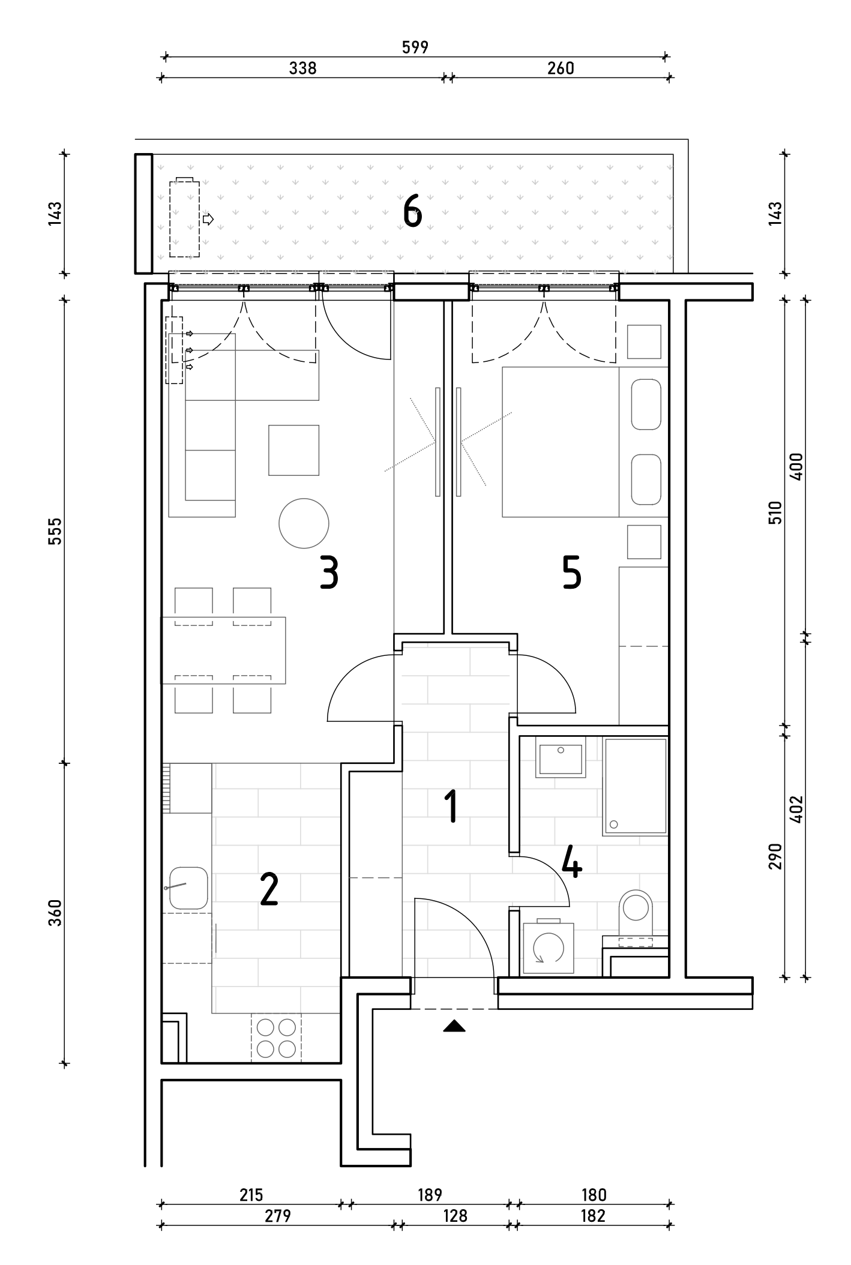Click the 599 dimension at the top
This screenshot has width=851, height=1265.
[415, 47]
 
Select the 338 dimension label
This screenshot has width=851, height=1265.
[302, 68]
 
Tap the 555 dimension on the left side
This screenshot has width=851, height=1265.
[55, 530]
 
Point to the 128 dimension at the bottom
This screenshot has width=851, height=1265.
[454, 1215]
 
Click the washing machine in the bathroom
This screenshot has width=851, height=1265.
[549, 946]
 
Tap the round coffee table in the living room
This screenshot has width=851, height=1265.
[304, 523]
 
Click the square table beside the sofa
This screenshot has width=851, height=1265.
[293, 450]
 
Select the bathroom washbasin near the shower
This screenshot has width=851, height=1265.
[561, 759]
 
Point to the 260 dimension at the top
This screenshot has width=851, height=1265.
[561, 68]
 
